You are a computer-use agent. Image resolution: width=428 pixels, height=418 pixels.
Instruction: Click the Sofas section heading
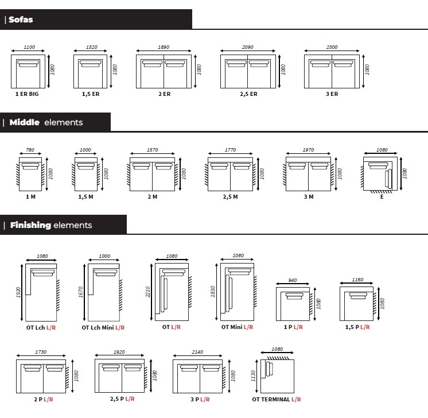click(21, 20)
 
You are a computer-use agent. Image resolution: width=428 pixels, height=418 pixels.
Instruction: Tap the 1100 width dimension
click(29, 47)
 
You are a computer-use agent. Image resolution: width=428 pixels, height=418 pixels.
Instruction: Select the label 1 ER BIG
click(27, 94)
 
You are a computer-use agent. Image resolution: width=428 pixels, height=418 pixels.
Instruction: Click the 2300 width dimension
click(332, 47)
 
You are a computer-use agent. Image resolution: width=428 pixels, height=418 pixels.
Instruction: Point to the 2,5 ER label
click(248, 94)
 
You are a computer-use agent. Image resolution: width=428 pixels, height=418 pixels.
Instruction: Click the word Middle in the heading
click(24, 122)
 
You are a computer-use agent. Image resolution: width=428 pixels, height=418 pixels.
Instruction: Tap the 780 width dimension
click(30, 150)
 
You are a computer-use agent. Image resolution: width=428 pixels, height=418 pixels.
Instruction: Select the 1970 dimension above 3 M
click(308, 150)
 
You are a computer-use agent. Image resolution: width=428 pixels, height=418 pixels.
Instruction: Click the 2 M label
click(152, 197)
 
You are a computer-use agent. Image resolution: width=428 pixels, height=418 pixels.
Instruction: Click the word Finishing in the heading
click(30, 225)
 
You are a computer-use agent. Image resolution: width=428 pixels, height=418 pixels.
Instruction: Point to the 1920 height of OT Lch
click(18, 292)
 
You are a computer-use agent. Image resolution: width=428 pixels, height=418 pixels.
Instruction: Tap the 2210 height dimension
click(147, 292)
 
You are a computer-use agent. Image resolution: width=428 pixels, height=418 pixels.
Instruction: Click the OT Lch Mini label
click(98, 327)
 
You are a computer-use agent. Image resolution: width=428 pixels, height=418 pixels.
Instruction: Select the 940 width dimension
click(293, 280)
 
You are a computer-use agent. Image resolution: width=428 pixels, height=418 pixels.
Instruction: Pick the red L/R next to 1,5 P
click(365, 327)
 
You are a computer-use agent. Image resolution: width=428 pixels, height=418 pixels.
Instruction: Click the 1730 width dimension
click(41, 352)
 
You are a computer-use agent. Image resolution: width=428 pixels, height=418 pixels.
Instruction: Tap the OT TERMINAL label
click(271, 400)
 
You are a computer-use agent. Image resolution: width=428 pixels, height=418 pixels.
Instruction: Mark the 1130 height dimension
click(253, 376)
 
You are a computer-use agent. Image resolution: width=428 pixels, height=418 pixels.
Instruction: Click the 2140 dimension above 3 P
click(197, 352)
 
